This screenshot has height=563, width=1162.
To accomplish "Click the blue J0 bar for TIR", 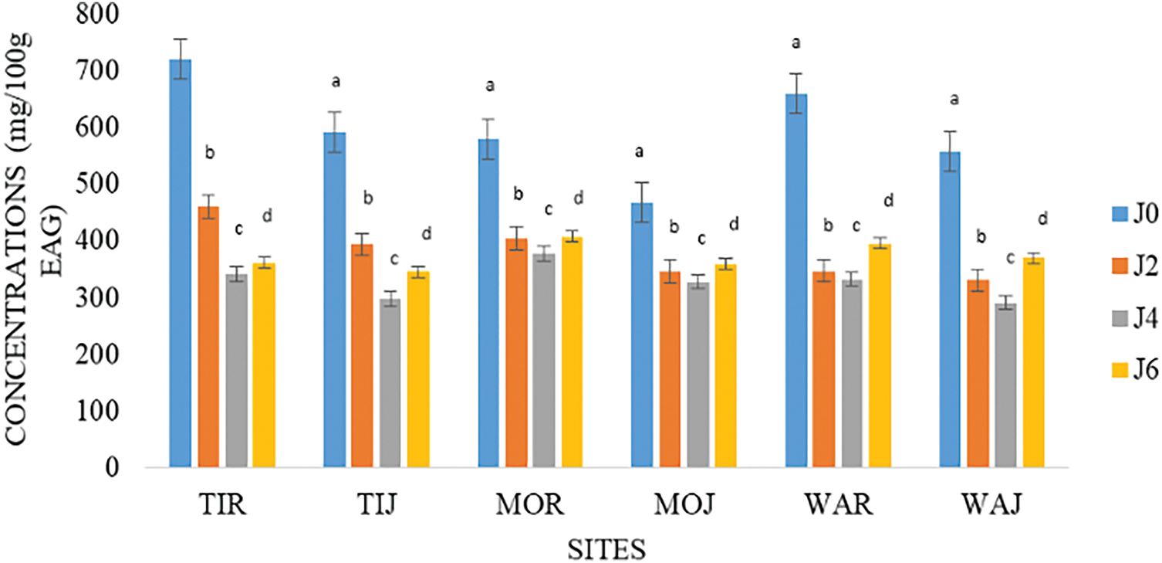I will (180, 263).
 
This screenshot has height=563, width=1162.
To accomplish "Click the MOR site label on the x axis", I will (529, 507).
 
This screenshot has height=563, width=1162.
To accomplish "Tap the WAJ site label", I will (991, 507).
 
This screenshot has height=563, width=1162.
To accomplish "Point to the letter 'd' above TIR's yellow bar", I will (267, 215).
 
